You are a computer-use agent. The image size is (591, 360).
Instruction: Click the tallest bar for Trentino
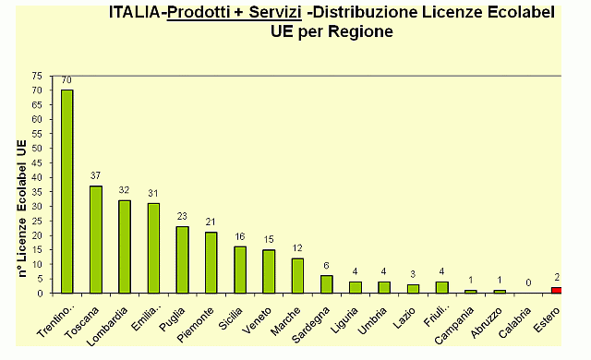tap(67, 191)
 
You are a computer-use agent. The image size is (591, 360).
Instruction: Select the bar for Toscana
tap(96, 239)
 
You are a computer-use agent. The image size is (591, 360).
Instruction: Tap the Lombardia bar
tap(125, 246)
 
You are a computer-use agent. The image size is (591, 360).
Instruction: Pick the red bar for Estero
tap(556, 290)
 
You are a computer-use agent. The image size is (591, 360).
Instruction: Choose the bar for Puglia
tap(182, 259)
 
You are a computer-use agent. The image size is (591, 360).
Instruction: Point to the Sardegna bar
tap(326, 284)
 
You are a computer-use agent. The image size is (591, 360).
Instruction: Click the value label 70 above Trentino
tap(66, 80)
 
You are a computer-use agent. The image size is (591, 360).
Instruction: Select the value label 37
tap(96, 176)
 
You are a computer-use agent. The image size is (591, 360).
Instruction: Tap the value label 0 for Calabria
tap(527, 283)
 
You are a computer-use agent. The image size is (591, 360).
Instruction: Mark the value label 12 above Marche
tap(297, 248)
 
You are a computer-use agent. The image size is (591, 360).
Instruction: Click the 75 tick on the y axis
tap(36, 76)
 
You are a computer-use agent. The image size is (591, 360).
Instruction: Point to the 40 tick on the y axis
tap(36, 177)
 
